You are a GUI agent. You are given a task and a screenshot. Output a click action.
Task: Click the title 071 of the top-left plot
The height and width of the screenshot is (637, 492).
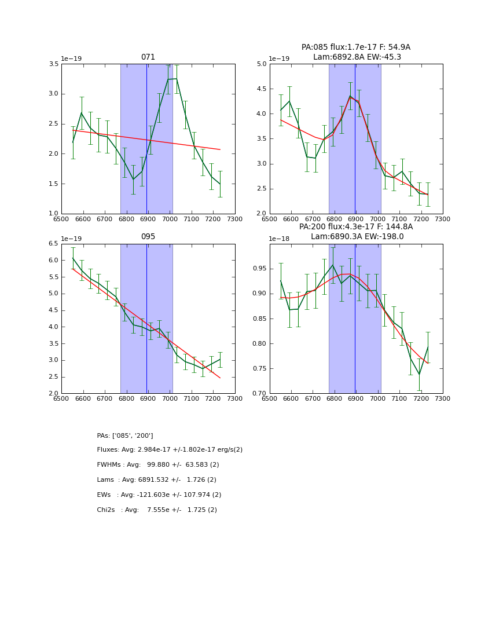(x=148, y=57)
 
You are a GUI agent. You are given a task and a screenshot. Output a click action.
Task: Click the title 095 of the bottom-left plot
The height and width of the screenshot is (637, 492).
(x=148, y=237)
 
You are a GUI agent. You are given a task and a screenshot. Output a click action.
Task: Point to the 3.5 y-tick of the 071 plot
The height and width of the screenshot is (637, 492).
(x=53, y=64)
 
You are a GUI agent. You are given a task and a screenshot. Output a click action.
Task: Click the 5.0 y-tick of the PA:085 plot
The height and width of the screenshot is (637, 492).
(x=261, y=64)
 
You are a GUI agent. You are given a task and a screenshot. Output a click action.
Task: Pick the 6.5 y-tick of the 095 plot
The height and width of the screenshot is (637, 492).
(x=53, y=244)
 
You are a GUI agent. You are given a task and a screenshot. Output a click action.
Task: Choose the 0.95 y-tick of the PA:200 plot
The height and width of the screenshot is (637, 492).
(x=259, y=269)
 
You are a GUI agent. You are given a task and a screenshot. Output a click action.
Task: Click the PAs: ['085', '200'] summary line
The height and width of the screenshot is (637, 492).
(x=125, y=435)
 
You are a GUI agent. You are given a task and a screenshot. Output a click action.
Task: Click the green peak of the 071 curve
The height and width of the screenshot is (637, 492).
(x=176, y=79)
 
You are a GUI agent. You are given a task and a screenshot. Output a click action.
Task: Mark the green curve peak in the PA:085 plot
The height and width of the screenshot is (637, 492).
(x=350, y=96)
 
